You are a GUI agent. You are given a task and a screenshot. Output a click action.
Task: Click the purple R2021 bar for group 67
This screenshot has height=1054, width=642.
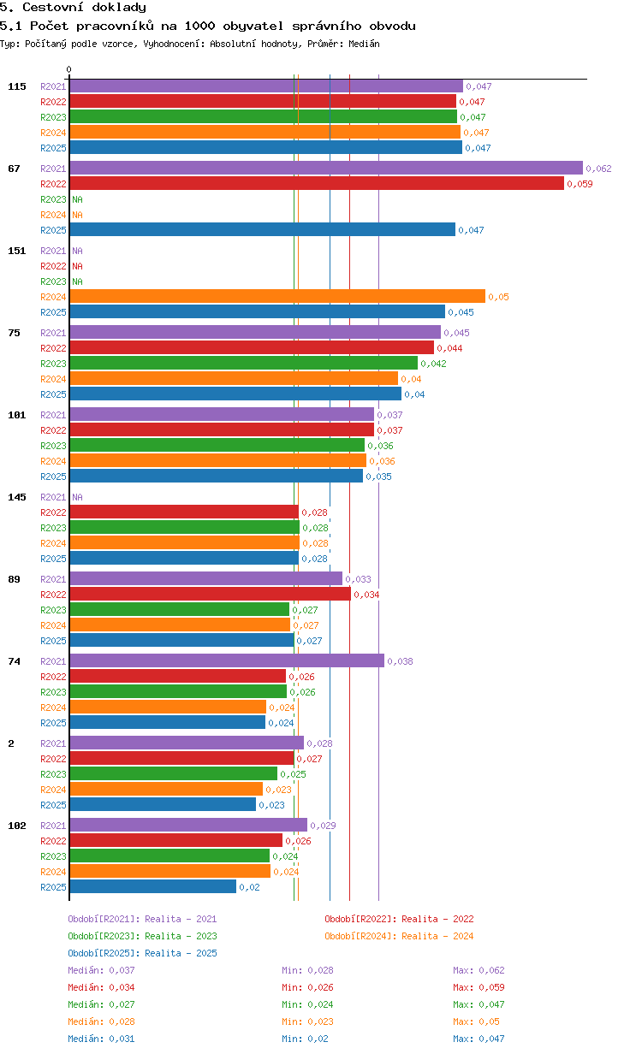coord(326,168)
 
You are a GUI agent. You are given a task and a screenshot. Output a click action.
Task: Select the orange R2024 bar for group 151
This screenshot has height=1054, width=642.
coord(277,296)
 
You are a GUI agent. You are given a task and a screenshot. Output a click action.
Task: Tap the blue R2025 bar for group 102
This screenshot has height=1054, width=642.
coord(153,886)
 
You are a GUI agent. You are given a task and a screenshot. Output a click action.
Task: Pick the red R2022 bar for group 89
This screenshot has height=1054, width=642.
coord(211,594)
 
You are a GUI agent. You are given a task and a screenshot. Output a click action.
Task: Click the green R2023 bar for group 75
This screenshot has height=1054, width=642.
coord(244,363)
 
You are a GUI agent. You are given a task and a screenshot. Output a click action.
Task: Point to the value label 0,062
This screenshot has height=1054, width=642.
coord(598,169)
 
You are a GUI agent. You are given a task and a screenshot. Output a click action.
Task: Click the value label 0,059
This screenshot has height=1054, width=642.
coord(580,184)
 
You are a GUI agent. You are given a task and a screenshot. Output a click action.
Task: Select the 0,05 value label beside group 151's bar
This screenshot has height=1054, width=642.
coord(498,297)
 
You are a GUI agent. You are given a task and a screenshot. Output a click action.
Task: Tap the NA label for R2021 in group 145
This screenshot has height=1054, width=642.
coord(77,497)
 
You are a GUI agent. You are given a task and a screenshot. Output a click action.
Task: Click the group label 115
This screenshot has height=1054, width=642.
coord(17,86)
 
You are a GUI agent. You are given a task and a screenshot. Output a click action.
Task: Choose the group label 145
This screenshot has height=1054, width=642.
coord(17,497)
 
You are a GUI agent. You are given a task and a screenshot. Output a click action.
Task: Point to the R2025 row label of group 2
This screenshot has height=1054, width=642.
coord(53,805)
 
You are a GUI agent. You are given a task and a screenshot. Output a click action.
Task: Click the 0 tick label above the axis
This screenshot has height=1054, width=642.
coord(69,69)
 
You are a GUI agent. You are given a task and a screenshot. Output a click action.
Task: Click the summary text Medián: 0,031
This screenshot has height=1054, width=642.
coord(101,1039)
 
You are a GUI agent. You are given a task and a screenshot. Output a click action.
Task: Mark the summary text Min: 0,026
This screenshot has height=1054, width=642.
coord(307,987)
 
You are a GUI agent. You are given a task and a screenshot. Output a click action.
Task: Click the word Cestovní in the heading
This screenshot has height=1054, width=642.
coord(53,7)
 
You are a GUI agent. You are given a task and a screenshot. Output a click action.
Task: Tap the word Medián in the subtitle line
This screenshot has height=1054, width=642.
coord(364,44)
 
